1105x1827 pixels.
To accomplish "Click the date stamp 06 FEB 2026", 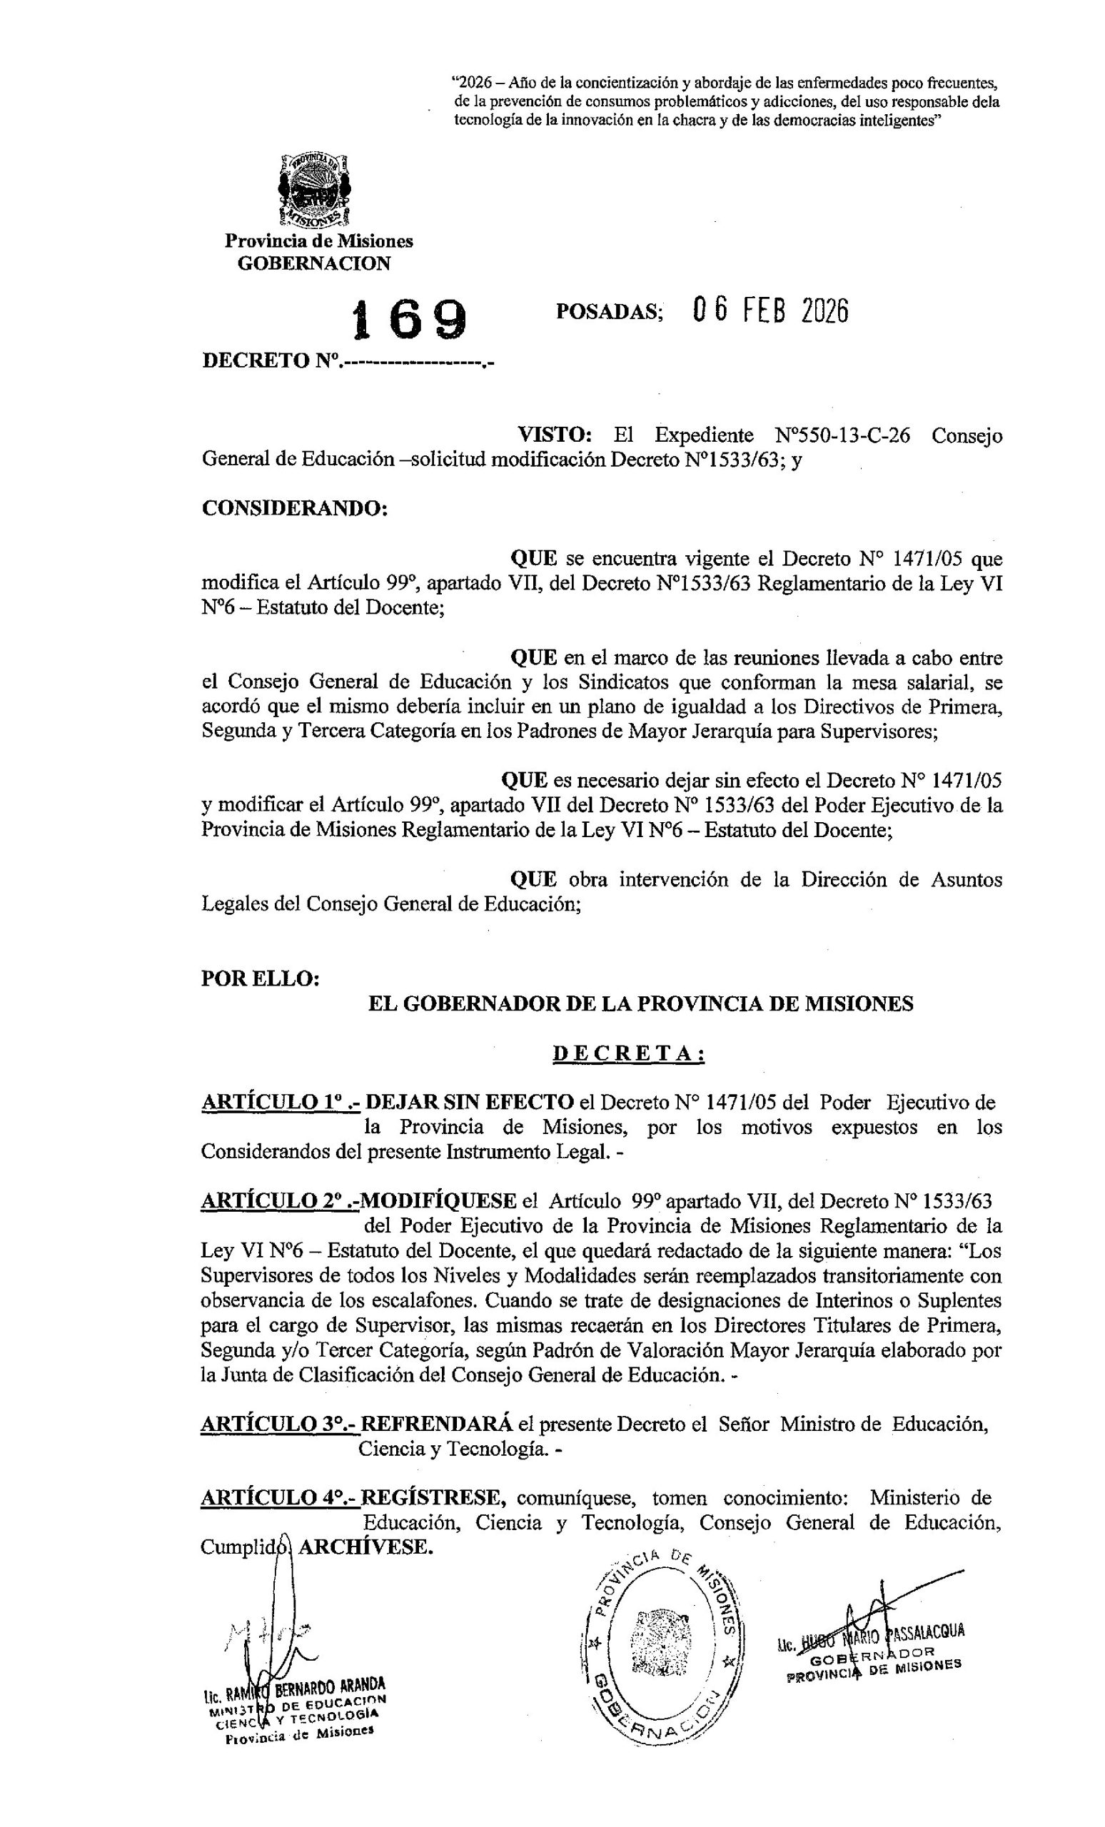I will [770, 311].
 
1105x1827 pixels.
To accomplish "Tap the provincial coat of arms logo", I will [312, 190].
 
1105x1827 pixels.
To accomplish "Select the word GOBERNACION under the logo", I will [313, 264].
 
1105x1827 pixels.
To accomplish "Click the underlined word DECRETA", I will [627, 1053].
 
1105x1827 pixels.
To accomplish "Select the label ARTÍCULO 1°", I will [280, 1103].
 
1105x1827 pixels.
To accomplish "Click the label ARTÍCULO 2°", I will [280, 1201].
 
